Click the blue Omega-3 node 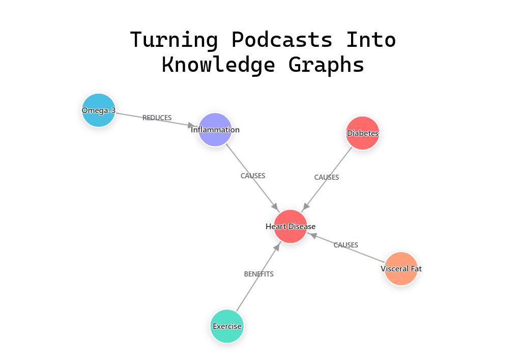pos(99,110)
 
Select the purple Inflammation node pos(215,130)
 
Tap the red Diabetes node pos(362,133)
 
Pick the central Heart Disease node pos(291,227)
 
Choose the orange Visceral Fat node pos(401,268)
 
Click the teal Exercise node pos(227,326)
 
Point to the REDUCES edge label pos(157,118)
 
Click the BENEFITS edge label pos(258,274)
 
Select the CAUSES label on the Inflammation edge pos(253,176)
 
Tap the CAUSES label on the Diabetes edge pos(326,178)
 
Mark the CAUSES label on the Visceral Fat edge pos(345,245)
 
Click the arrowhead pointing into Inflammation pos(193,125)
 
